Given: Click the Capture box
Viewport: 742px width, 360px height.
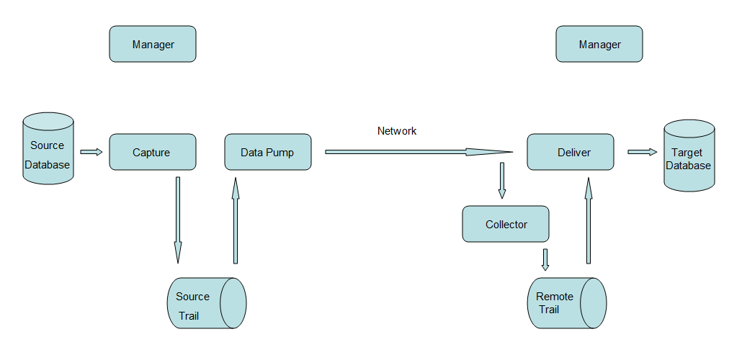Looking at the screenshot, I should [152, 152].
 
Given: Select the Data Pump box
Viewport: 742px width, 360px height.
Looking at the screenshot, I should [267, 152].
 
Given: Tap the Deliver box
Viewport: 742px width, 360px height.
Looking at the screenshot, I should [570, 152].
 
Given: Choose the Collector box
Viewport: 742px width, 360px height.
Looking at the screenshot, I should [506, 224].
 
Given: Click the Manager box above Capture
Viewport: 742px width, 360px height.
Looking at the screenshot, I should [152, 44].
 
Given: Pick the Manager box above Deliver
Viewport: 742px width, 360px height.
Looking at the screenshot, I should [599, 44].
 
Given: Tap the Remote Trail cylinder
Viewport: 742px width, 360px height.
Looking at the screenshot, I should [566, 303].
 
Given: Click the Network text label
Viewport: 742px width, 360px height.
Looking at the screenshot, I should [397, 131].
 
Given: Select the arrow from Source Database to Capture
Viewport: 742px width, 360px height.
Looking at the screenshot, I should [91, 152].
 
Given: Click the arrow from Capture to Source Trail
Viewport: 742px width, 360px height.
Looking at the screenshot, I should [178, 220].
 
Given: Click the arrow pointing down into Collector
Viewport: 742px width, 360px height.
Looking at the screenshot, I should [502, 180].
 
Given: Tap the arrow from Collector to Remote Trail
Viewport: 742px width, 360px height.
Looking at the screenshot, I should [545, 259].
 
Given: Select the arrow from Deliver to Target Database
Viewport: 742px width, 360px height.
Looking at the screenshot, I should [642, 152].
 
